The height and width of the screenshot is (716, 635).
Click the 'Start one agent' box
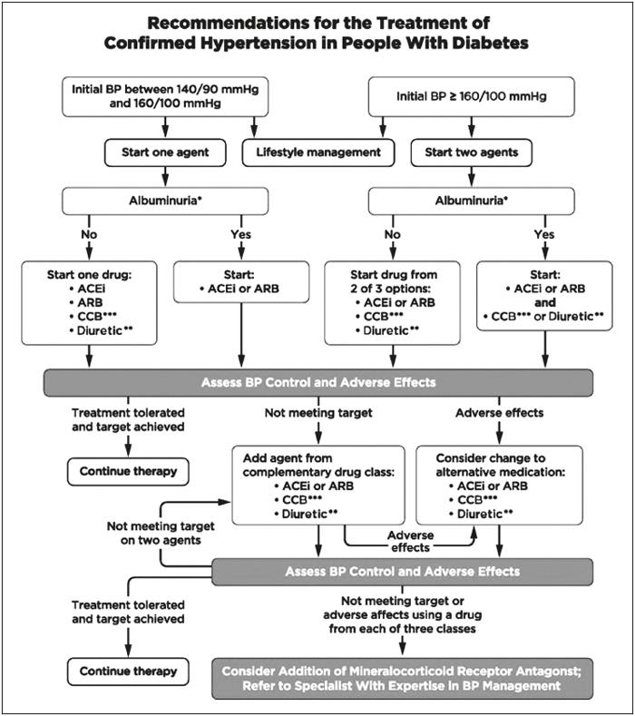[x=165, y=152]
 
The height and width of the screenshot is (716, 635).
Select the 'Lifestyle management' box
[x=318, y=152]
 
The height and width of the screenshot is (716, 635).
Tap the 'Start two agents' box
[x=472, y=152]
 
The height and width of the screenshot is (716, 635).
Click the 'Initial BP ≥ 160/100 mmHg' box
[x=472, y=96]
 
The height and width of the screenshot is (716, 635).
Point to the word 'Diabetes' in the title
[x=490, y=43]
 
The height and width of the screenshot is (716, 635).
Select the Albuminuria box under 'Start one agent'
[x=165, y=201]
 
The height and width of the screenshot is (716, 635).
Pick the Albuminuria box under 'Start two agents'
[x=472, y=201]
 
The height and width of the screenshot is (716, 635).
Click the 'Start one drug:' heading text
[x=89, y=275]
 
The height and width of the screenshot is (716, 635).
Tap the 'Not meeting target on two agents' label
[x=161, y=533]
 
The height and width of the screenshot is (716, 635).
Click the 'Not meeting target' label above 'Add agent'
[x=318, y=413]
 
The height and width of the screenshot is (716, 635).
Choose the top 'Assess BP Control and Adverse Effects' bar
[x=318, y=383]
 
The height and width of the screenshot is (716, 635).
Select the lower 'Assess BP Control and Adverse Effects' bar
[x=402, y=572]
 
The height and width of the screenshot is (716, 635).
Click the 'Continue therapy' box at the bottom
[x=128, y=672]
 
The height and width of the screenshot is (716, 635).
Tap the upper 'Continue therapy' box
[x=128, y=471]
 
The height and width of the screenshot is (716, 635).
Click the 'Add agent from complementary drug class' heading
[x=318, y=465]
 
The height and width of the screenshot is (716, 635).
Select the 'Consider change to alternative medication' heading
[x=501, y=465]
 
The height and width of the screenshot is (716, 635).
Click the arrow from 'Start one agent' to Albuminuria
[x=165, y=177]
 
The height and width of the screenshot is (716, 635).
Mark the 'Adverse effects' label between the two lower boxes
[x=410, y=541]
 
